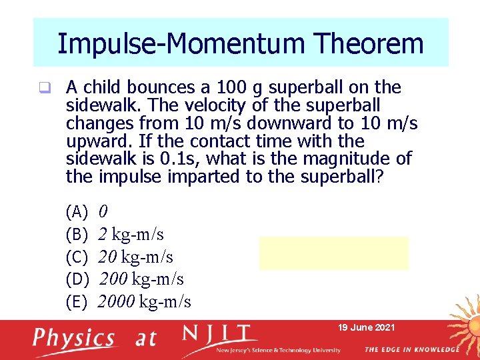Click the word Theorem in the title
tap(369, 43)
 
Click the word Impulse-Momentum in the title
tap(181, 43)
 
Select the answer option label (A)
tap(77, 212)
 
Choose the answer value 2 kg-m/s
tap(131, 235)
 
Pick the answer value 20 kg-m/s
tap(135, 257)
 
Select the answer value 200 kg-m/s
tap(141, 279)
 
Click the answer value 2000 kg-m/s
tap(145, 302)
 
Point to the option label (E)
tap(77, 302)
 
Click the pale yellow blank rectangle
tap(333, 253)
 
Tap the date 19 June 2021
tap(367, 327)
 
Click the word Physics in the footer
tap(74, 338)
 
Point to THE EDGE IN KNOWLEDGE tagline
tap(411, 349)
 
